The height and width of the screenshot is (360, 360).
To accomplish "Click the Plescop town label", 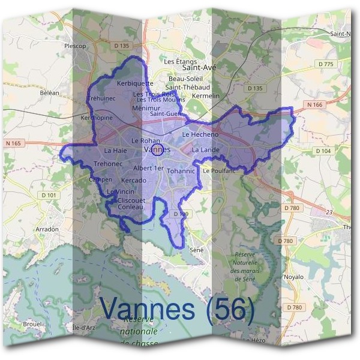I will tap(75, 46).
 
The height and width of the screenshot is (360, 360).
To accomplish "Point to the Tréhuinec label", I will tap(101, 98).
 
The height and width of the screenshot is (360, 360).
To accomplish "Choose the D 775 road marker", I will tap(326, 64).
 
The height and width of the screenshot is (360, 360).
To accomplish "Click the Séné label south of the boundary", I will tap(196, 249).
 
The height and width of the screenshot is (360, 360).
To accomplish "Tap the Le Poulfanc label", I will tap(219, 171).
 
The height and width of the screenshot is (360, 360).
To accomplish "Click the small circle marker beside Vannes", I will tap(156, 151).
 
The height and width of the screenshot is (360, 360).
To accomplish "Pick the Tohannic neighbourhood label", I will tap(181, 171).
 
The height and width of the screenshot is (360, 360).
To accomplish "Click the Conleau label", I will tap(130, 207).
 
